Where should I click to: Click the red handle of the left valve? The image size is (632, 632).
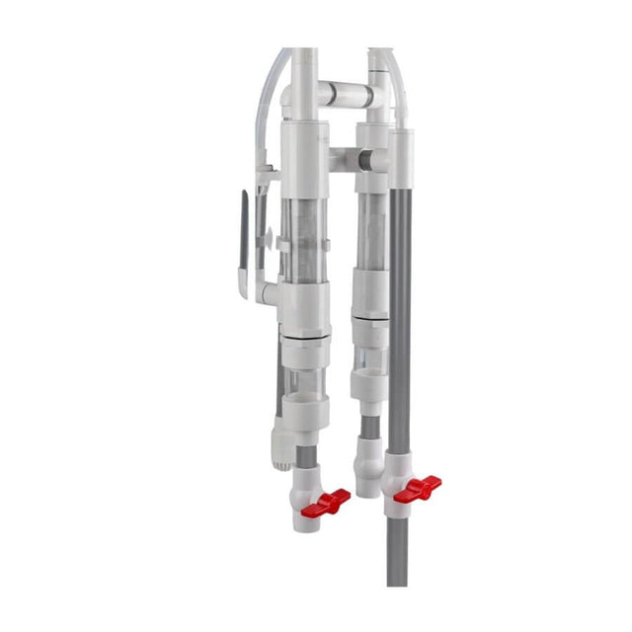(x=330, y=502)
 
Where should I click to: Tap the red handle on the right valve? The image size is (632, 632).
(x=418, y=487)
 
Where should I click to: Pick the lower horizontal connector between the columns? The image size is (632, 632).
(x=348, y=158)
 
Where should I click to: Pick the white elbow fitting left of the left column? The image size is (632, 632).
(x=270, y=292)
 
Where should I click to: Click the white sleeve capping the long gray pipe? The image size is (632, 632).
(x=401, y=157)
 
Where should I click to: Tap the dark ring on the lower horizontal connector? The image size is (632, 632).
(x=364, y=159)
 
